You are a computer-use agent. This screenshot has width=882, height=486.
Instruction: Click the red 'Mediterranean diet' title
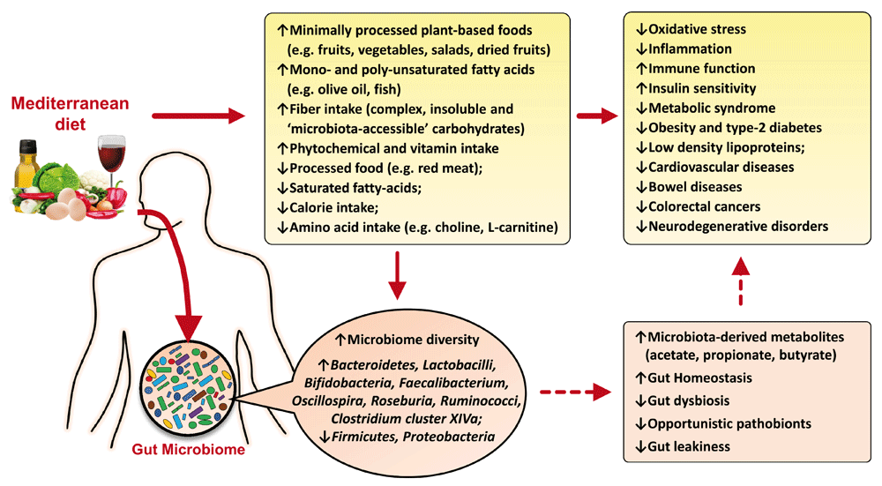pyautogui.click(x=70, y=113)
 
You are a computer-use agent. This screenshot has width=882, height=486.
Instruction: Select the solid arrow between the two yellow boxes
pyautogui.click(x=597, y=115)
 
